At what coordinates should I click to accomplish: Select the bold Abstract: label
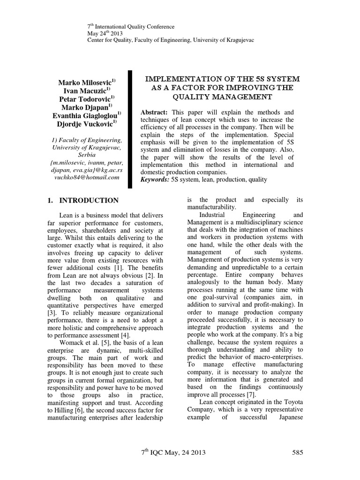155,113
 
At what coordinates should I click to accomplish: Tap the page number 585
298,452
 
